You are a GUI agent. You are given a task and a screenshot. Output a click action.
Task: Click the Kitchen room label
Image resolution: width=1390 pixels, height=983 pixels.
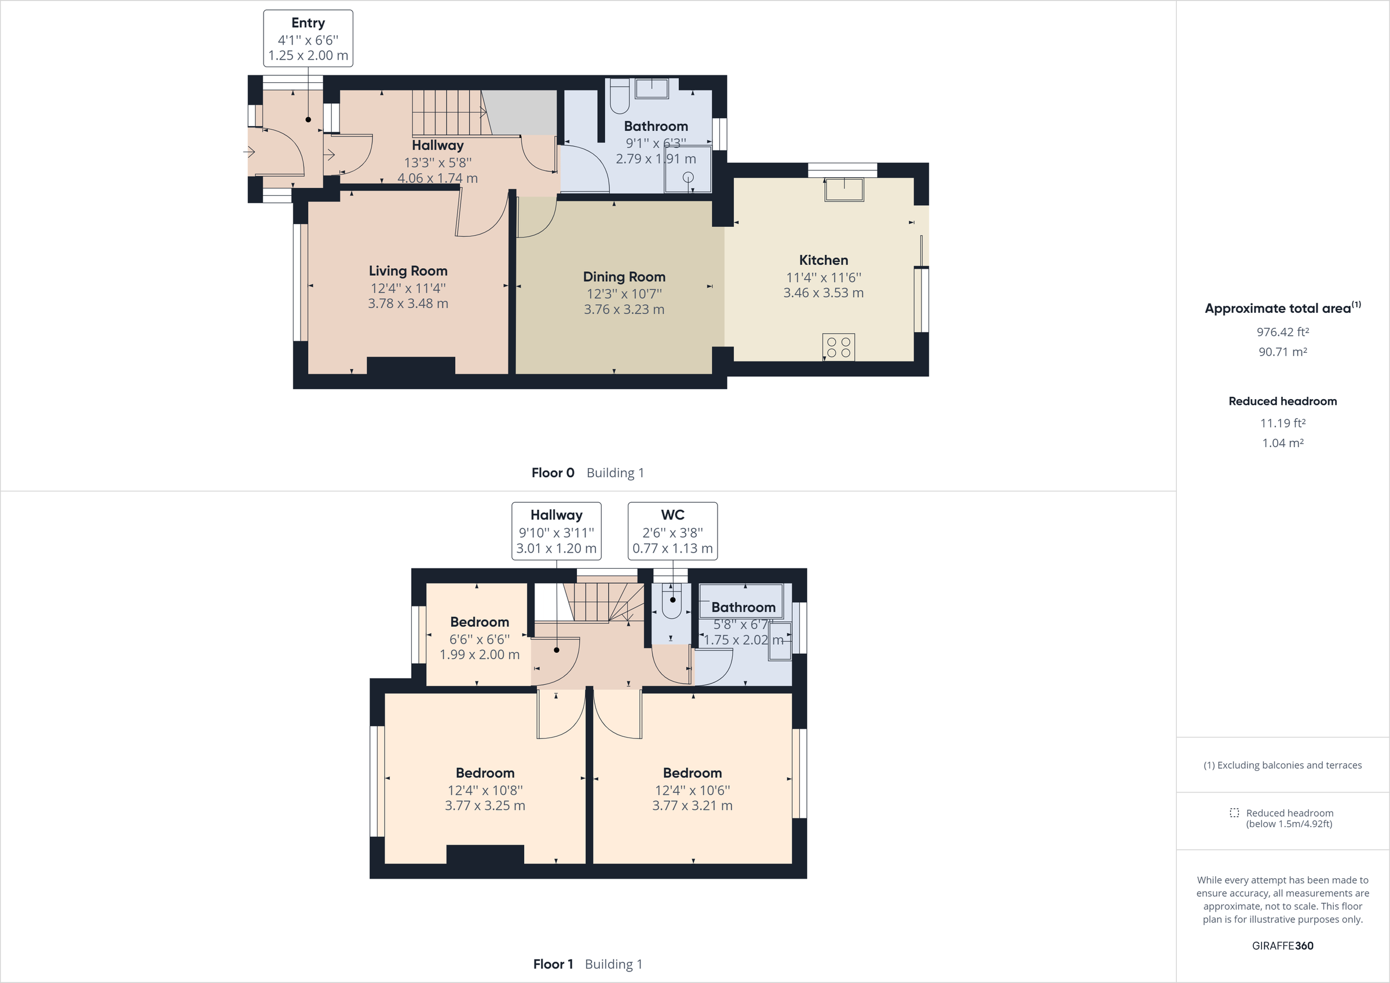824,261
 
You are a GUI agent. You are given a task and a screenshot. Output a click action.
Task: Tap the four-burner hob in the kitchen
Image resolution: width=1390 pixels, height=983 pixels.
839,347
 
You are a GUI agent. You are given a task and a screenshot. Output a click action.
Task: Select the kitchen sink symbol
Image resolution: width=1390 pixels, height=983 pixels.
843,189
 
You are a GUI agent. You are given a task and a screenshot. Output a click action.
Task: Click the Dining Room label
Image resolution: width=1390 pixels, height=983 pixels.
624,277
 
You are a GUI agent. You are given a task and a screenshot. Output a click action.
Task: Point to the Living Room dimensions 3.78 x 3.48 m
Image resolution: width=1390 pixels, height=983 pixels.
408,304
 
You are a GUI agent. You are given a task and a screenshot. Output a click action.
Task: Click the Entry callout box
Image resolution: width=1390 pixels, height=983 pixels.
308,38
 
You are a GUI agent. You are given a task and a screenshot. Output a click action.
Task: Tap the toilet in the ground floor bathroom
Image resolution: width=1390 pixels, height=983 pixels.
619,97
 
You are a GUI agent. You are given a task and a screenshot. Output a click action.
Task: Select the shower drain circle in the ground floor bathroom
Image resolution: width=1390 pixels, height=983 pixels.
689,177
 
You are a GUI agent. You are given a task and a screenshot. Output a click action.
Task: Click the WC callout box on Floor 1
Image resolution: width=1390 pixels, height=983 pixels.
672,531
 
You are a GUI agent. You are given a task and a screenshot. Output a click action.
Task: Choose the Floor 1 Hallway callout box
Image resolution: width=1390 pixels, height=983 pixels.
557,531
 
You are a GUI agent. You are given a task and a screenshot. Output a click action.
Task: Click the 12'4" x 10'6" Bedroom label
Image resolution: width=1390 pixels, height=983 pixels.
692,773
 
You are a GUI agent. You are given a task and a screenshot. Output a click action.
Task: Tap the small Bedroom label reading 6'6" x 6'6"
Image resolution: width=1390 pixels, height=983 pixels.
480,623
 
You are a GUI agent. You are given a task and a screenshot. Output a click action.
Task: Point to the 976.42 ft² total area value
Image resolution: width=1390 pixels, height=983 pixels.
1282,332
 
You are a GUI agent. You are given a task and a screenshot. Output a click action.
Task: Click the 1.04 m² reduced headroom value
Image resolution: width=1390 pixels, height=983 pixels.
1282,443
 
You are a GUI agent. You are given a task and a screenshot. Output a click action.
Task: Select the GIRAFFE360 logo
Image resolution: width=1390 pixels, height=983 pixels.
1282,945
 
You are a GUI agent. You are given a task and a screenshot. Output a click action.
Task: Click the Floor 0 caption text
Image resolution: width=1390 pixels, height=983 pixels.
553,473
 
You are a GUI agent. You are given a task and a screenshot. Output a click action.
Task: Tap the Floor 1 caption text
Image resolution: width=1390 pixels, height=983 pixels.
553,964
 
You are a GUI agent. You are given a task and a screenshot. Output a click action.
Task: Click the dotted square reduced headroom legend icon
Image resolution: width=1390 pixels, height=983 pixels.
1234,813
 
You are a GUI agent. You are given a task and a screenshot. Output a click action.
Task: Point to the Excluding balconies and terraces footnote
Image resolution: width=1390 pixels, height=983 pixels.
1282,766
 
